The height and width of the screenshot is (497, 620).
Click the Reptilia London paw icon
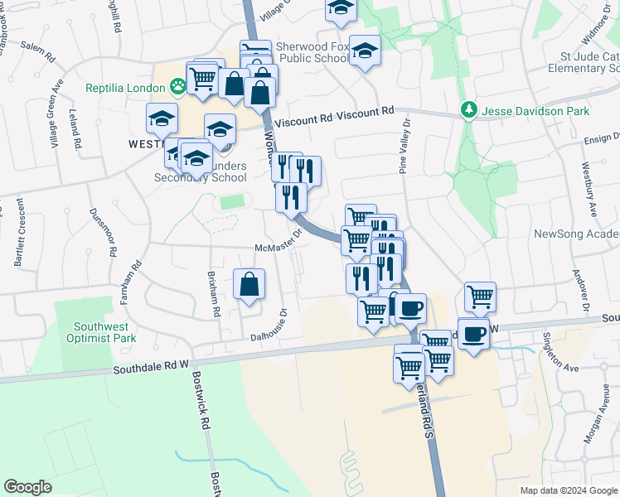177,84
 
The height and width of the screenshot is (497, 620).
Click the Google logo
27,487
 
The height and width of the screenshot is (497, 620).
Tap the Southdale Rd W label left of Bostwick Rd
152,364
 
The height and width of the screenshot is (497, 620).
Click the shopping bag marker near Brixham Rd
249,285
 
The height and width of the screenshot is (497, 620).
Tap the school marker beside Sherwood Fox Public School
365,51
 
